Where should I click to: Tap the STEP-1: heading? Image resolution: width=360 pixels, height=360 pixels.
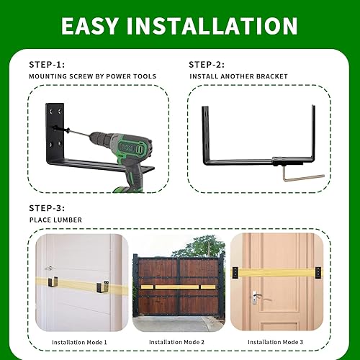pyautogui.click(x=49, y=63)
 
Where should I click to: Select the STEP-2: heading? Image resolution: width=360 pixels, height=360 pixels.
pyautogui.click(x=210, y=63)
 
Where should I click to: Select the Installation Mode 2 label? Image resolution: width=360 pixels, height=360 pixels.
pyautogui.click(x=179, y=341)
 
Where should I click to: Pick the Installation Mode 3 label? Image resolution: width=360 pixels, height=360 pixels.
pyautogui.click(x=276, y=341)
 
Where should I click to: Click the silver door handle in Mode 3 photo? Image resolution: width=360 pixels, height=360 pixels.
pyautogui.click(x=257, y=296)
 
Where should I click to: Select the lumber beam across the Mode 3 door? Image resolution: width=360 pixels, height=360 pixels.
pyautogui.click(x=276, y=274)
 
